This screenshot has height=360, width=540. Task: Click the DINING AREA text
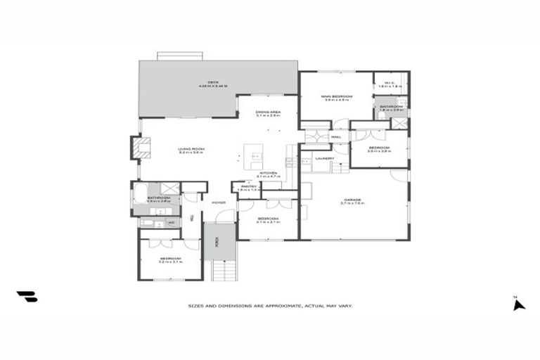tap(268, 112)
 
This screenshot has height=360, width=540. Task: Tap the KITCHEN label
tap(268, 173)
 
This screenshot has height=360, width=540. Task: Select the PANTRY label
tap(248, 187)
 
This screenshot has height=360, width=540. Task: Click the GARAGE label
tap(352, 200)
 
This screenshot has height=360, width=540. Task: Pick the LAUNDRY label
tap(324, 159)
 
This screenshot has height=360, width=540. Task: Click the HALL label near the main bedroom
tap(326, 137)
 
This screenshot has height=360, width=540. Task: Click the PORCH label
tap(217, 243)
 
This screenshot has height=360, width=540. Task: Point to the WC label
tap(171, 223)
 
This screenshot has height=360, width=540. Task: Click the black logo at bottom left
tap(27, 297)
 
